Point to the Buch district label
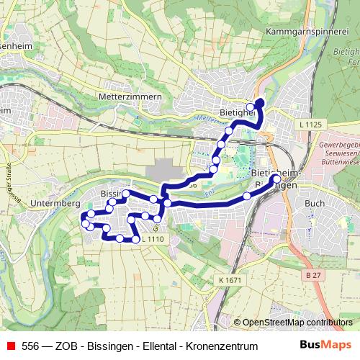pyautogui.click(x=314, y=204)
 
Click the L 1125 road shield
pyautogui.click(x=310, y=125)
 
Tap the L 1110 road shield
pyautogui.click(x=153, y=239)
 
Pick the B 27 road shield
pyautogui.click(x=312, y=276)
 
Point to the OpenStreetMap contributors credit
pyautogui.click(x=297, y=323)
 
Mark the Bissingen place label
pyautogui.click(x=113, y=194)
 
